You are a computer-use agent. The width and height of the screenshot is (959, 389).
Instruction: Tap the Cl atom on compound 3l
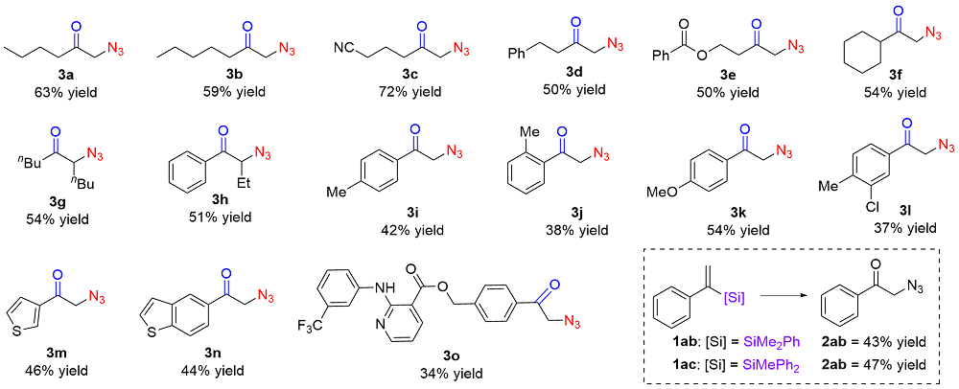coord(845,205)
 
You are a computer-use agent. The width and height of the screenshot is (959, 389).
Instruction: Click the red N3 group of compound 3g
coord(98,154)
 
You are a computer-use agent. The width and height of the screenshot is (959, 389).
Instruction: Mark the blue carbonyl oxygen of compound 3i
coord(413,130)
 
